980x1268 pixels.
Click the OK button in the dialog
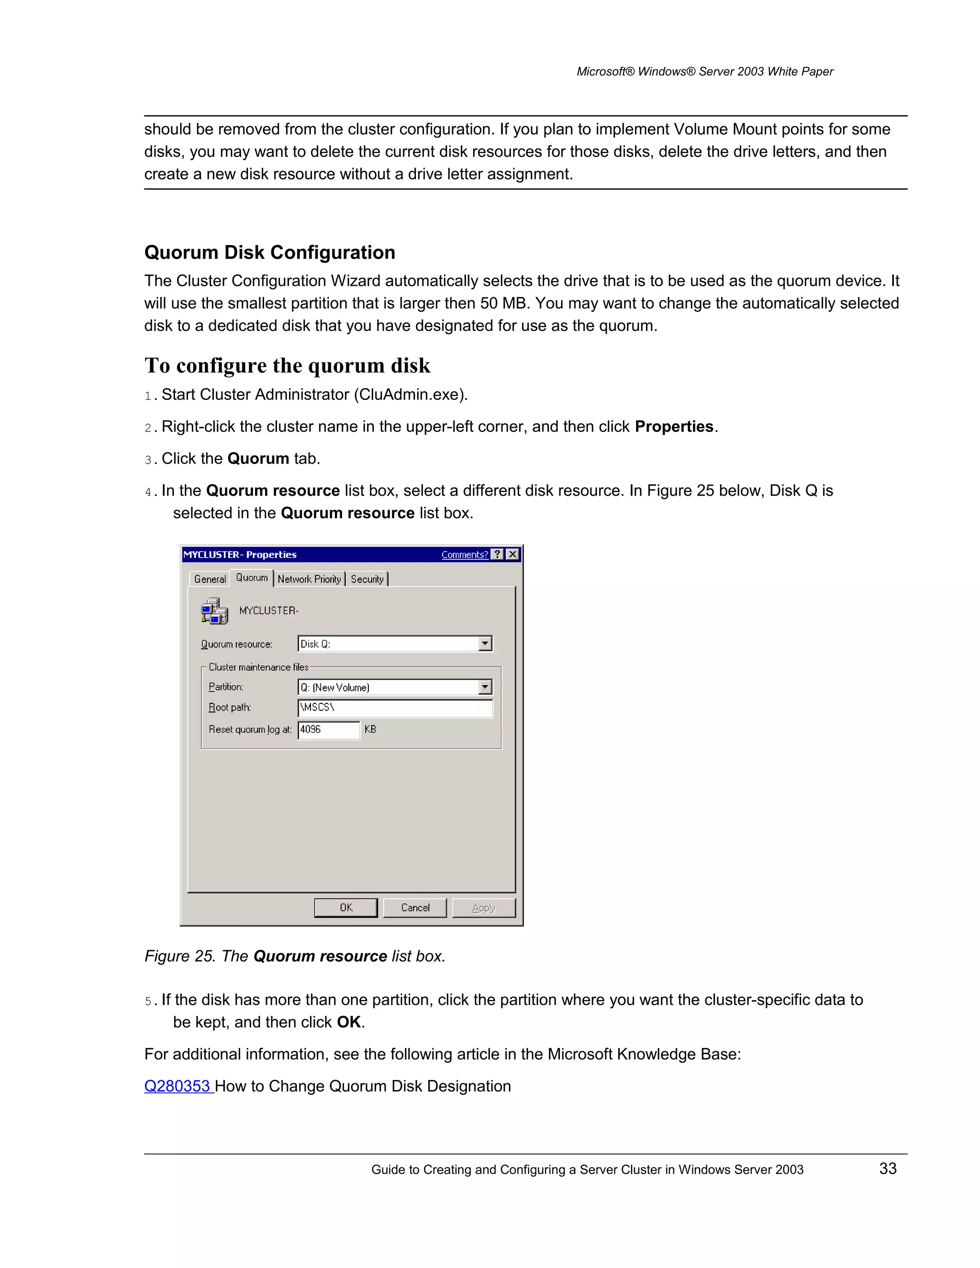pos(345,907)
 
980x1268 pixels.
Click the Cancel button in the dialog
pos(415,907)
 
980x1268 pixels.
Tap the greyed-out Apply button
pos(484,907)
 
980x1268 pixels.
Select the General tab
pos(210,579)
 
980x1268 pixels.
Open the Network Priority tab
pos(309,579)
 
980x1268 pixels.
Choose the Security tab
pos(367,579)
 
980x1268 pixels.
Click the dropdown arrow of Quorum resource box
pos(485,643)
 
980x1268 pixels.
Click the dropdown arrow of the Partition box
pos(485,687)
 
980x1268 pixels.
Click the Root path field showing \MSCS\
pos(395,708)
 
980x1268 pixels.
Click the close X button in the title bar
pos(512,555)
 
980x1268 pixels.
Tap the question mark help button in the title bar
pos(498,555)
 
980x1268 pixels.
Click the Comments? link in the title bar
pos(465,555)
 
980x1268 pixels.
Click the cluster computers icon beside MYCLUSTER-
pos(214,611)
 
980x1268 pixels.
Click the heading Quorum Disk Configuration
pos(269,253)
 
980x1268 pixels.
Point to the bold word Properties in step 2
pos(673,427)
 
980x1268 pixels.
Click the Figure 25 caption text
pos(295,956)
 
